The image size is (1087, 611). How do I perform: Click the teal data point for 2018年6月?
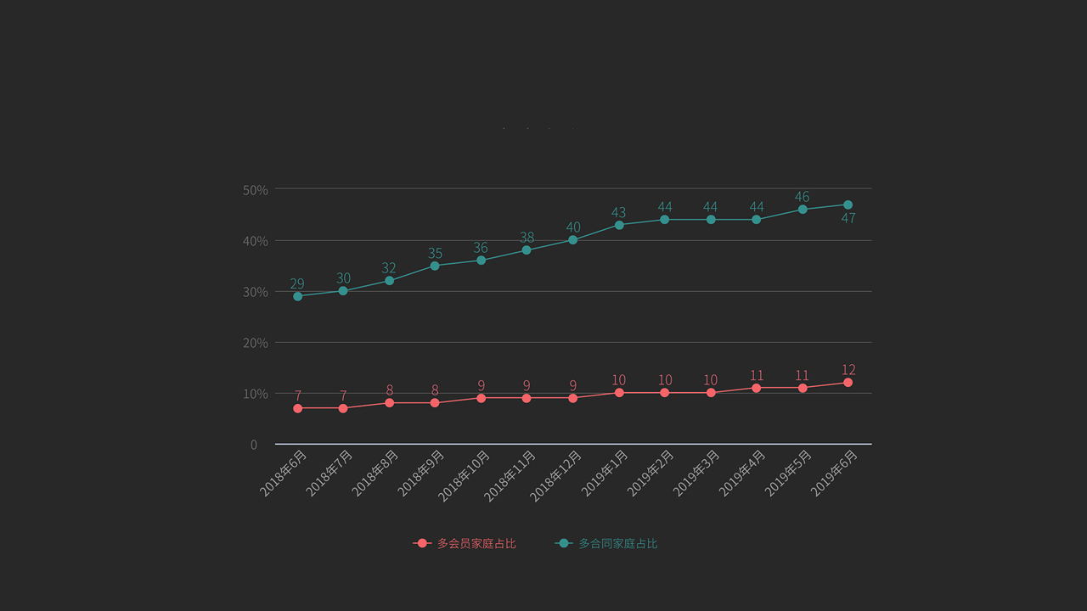point(297,296)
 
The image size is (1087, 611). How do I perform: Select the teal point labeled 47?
point(848,205)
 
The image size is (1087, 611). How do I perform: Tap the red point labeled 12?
point(848,383)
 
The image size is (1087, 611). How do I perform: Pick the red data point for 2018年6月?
point(297,408)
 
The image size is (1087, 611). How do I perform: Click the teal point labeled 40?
point(572,240)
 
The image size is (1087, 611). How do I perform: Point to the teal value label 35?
point(435,253)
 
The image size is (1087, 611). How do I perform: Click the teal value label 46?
point(802,197)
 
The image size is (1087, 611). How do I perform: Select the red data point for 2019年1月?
point(619,393)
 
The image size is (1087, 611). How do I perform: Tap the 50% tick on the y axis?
point(255,190)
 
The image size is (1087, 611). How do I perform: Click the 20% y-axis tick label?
point(255,343)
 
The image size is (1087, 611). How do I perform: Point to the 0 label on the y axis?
point(253,445)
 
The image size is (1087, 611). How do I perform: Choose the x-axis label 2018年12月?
point(556,475)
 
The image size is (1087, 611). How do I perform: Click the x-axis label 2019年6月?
point(835,473)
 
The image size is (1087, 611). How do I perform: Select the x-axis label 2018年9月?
point(421,473)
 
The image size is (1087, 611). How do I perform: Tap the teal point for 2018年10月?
point(481,261)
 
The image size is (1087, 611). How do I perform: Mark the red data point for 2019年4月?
point(756,388)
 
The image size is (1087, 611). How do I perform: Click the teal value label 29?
point(296,283)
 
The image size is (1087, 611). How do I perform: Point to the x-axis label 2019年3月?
point(697,473)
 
